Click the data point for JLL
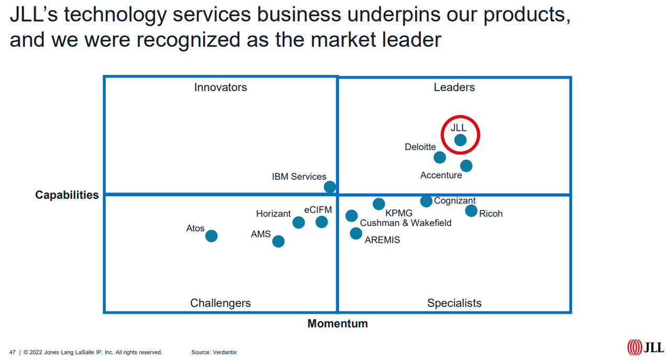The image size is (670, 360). (460, 140)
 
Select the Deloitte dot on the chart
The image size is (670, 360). (440, 157)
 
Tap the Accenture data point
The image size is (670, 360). (466, 166)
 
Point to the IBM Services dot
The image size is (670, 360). (330, 187)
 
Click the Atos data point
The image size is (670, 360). (211, 236)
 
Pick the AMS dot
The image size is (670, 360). (278, 241)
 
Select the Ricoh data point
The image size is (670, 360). (471, 211)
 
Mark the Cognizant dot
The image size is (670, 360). (426, 201)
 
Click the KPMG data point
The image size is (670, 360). (378, 204)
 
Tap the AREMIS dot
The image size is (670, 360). (356, 233)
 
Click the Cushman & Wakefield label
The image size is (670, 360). (406, 223)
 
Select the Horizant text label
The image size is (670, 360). (273, 213)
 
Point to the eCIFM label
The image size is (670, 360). (318, 210)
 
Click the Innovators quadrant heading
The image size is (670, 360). (220, 87)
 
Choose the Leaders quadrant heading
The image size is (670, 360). (454, 87)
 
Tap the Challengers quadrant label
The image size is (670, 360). (220, 303)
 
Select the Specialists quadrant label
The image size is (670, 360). (454, 303)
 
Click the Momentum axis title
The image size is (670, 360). (338, 323)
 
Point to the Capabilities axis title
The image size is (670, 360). (67, 195)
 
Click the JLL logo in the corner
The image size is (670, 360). (645, 347)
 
